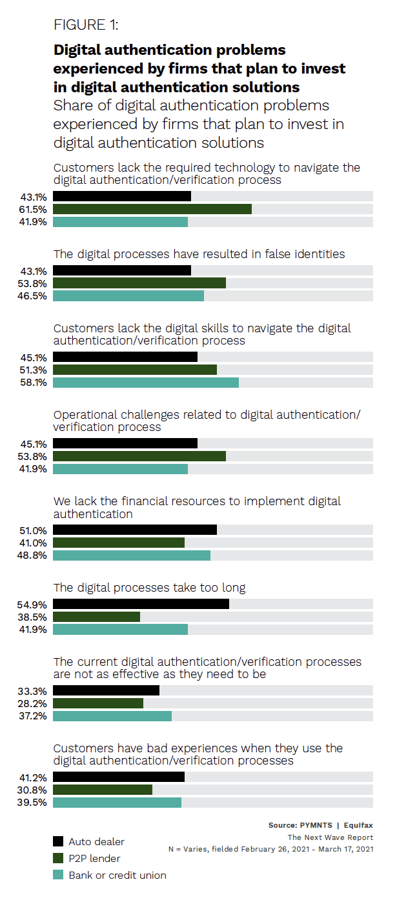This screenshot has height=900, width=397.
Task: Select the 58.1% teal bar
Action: click(146, 383)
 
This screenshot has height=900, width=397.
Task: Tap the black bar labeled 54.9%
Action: click(141, 604)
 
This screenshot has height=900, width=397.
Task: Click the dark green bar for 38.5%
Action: click(96, 617)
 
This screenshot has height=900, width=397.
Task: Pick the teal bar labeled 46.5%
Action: click(128, 295)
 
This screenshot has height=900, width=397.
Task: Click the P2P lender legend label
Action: click(94, 858)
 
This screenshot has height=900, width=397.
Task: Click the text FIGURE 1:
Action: click(86, 26)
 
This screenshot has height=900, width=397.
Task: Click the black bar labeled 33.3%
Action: click(106, 690)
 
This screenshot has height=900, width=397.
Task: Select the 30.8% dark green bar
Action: click(103, 790)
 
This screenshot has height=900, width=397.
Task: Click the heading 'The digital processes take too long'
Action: click(149, 588)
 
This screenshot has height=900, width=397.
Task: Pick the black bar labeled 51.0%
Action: click(135, 530)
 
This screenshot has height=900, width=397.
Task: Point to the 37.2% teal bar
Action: click(112, 716)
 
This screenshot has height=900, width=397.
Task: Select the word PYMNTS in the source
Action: click(316, 825)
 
